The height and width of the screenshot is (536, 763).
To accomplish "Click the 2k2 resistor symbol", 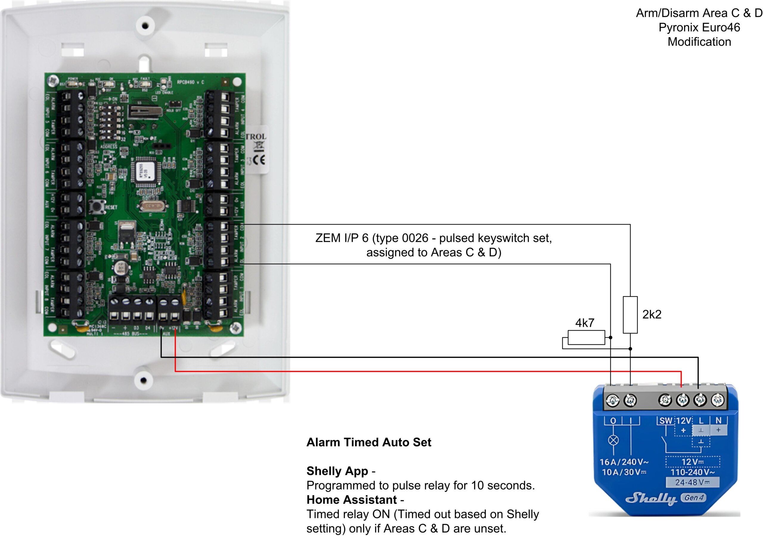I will tap(630, 315).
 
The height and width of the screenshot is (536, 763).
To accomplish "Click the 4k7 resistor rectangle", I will tap(586, 337).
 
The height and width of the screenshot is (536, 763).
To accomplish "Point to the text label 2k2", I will tap(652, 314).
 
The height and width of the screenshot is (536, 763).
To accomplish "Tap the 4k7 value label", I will tap(584, 322).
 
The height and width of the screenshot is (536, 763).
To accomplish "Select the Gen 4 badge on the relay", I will tap(694, 498).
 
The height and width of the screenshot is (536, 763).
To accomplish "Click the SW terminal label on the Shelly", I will tap(666, 421).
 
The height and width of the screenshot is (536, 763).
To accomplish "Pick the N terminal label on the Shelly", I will tap(719, 420).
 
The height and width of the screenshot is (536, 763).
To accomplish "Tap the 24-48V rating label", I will tap(692, 482).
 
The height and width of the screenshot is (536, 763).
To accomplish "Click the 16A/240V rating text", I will tap(624, 462).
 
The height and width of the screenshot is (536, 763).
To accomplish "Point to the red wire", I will tap(399, 371).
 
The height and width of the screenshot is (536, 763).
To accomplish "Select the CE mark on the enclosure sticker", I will tap(259, 160).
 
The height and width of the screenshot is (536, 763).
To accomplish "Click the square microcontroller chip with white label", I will tap(146, 172).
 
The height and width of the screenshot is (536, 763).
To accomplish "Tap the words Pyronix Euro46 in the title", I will tap(699, 27).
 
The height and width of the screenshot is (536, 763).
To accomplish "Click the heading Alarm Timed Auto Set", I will tap(369, 442).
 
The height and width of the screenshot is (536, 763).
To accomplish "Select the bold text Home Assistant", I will tap(352, 500).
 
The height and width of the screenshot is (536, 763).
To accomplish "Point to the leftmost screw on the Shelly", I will tap(613, 400).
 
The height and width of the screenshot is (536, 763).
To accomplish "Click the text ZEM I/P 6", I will tap(342, 238).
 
